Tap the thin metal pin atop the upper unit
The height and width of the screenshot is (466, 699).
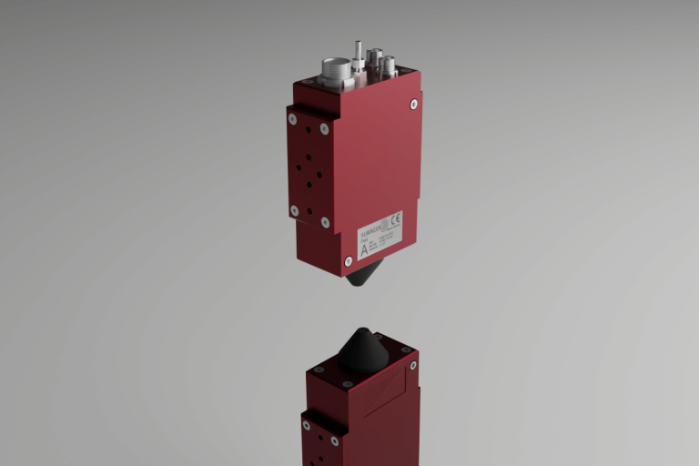(359, 54)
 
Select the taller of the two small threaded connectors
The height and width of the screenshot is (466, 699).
(374, 60)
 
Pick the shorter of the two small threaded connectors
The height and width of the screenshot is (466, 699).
(389, 66)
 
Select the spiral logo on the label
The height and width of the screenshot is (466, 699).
(384, 221)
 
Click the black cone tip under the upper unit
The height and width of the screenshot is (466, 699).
(364, 272)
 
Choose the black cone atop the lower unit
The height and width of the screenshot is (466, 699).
(364, 350)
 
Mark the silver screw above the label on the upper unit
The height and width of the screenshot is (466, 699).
(414, 105)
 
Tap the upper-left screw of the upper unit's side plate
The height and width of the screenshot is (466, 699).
(292, 118)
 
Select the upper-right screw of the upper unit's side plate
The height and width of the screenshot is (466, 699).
(324, 129)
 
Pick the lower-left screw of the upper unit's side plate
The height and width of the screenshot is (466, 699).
(294, 210)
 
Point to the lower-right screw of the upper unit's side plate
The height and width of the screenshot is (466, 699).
(325, 222)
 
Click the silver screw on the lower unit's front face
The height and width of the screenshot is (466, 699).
(413, 365)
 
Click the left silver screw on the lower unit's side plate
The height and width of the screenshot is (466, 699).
(307, 425)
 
